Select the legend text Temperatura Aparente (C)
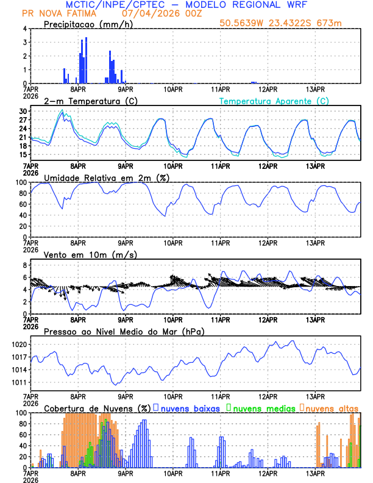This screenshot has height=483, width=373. click(x=274, y=101)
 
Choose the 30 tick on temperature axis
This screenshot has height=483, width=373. click(x=23, y=112)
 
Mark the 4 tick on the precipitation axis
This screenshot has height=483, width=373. click(x=25, y=29)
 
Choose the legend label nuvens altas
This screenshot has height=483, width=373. click(x=332, y=408)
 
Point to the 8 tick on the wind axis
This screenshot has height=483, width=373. click(x=25, y=265)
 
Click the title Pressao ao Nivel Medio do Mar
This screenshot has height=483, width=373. click(x=124, y=331)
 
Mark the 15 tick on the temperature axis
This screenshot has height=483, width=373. click(x=23, y=155)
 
